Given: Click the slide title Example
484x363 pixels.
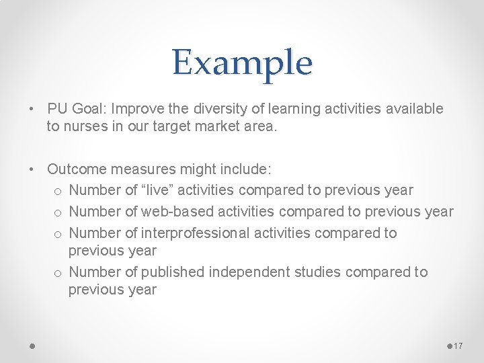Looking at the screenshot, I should [242, 63].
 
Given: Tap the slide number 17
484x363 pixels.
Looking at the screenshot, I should [458, 346].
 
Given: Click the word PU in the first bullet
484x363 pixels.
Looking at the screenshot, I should [57, 108].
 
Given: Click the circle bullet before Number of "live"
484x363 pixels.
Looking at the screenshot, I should [58, 192].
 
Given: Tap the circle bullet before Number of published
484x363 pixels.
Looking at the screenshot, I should [58, 273].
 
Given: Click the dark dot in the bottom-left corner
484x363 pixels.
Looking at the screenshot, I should [32, 346].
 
